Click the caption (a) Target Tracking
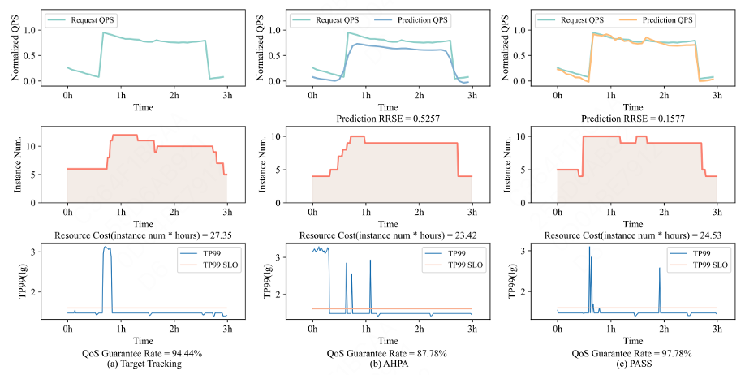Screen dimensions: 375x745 point(143,364)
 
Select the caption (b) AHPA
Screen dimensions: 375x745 point(387,364)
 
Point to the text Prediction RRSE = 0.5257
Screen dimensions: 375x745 point(387,116)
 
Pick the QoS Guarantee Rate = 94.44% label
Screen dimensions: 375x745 point(143,353)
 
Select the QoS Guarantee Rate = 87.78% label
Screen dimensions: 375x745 point(387,353)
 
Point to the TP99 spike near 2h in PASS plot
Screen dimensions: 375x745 point(659,270)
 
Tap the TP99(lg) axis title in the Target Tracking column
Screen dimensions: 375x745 point(17,284)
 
